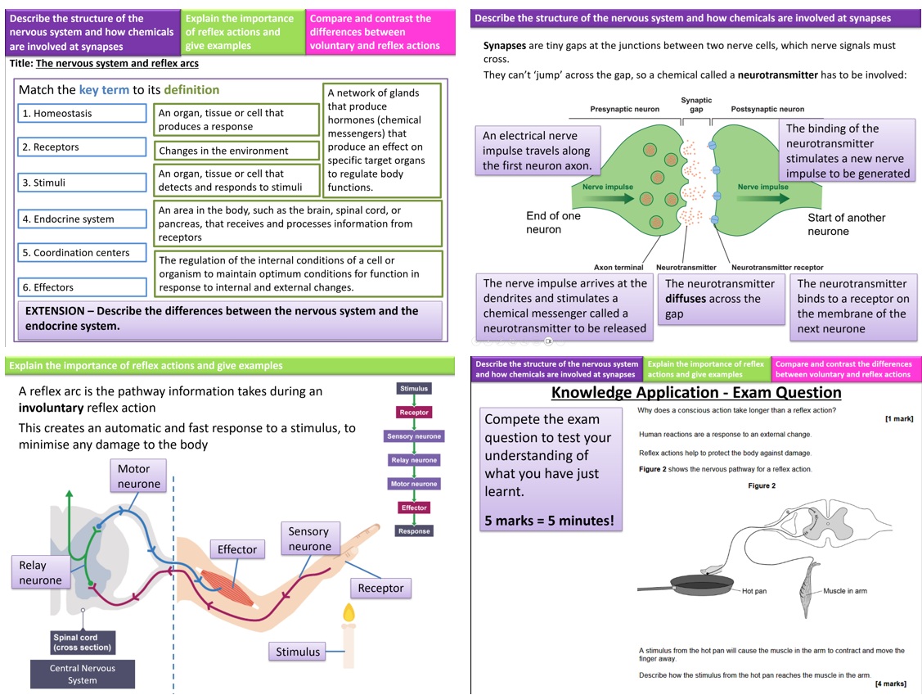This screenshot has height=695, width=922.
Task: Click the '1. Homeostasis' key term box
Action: pos(83,113)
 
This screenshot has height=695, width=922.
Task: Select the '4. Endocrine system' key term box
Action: pos(83,219)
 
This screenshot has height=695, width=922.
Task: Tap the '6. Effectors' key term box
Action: pos(83,287)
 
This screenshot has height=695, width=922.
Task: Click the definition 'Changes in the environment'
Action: pos(236,151)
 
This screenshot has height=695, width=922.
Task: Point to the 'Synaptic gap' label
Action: pos(696,104)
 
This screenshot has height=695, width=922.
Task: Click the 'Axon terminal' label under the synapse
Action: pos(618,267)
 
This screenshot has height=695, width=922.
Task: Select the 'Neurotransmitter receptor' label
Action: pos(777,267)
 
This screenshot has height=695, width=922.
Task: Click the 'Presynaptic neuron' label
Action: pos(624,109)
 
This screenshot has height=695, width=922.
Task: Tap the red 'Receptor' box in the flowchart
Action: pos(414,413)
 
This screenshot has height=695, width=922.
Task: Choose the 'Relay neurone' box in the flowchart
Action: pos(414,460)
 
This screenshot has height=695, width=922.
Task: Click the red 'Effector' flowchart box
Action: pos(414,508)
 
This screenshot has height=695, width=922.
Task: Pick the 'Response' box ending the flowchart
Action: pos(414,530)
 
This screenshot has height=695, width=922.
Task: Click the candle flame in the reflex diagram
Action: pos(349,613)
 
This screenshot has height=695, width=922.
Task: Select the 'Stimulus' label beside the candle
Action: pos(298,652)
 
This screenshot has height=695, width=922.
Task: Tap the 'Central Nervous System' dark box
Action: pos(83,674)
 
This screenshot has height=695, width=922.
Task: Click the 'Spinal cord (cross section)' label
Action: pos(83,642)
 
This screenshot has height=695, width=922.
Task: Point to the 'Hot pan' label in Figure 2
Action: pos(753,591)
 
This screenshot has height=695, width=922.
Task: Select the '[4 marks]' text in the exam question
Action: pos(890,684)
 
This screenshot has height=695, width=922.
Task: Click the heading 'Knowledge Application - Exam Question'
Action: pos(696,392)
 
